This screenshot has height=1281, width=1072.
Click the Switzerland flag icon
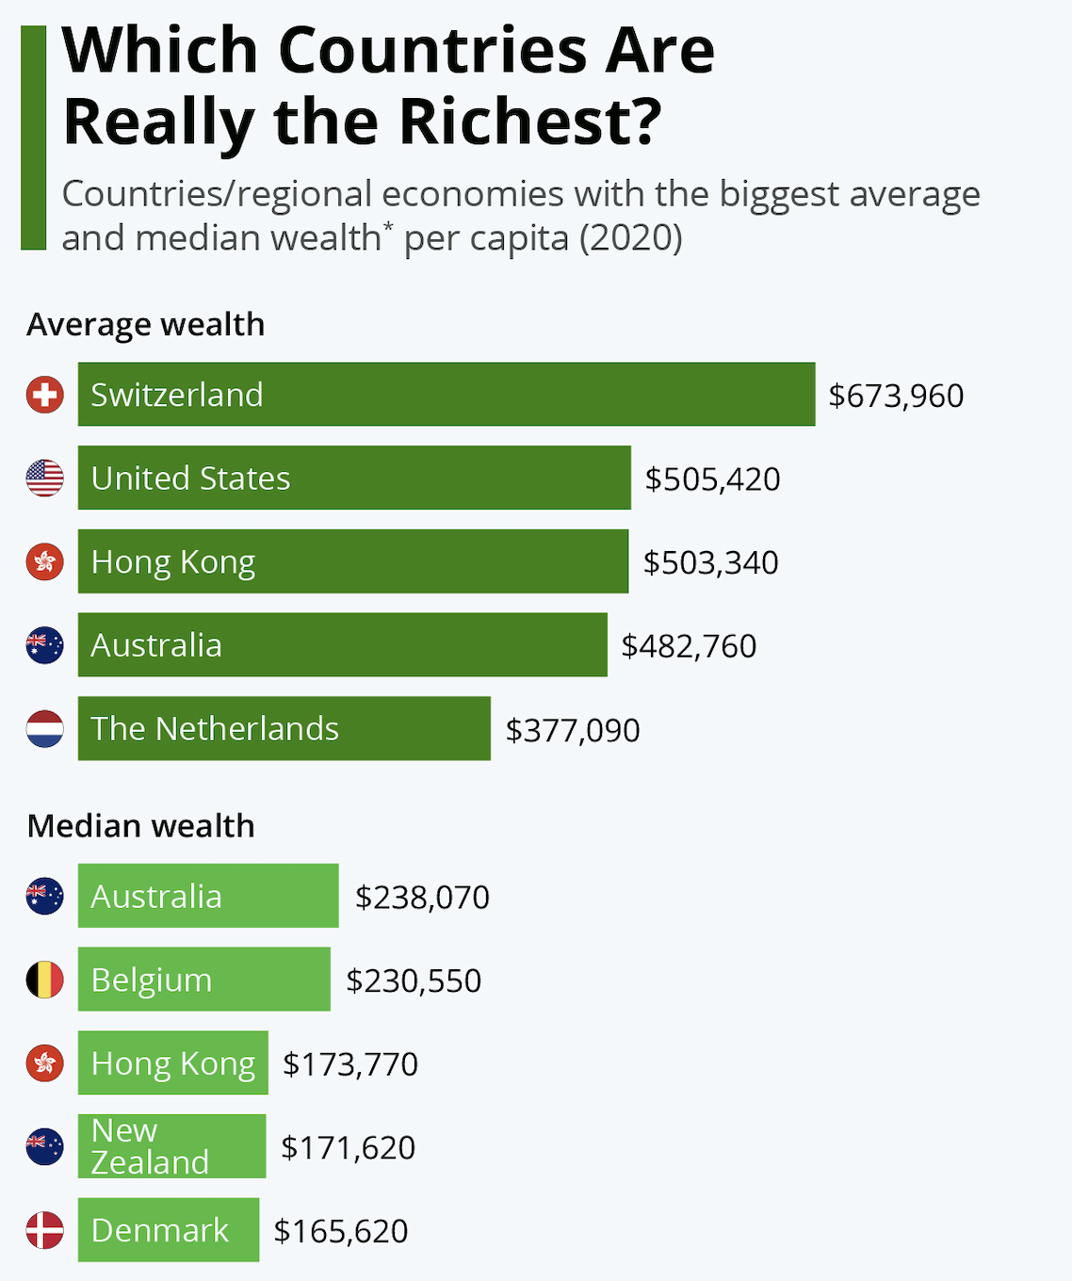click(44, 395)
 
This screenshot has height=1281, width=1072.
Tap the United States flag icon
click(44, 478)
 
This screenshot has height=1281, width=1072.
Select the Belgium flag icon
click(44, 981)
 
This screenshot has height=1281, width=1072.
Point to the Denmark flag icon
click(44, 1231)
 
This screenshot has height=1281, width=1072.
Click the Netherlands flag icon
click(44, 729)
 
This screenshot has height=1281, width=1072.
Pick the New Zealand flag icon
click(44, 1147)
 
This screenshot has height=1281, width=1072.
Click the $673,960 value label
click(896, 396)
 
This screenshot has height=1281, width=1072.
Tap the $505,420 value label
click(712, 479)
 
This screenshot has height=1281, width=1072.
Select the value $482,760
click(689, 646)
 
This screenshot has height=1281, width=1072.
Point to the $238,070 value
click(422, 898)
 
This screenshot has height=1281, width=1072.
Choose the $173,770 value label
click(350, 1064)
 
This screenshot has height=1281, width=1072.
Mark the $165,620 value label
click(341, 1231)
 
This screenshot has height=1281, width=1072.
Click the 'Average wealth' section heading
click(146, 325)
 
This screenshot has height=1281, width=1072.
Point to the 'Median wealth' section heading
click(141, 826)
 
